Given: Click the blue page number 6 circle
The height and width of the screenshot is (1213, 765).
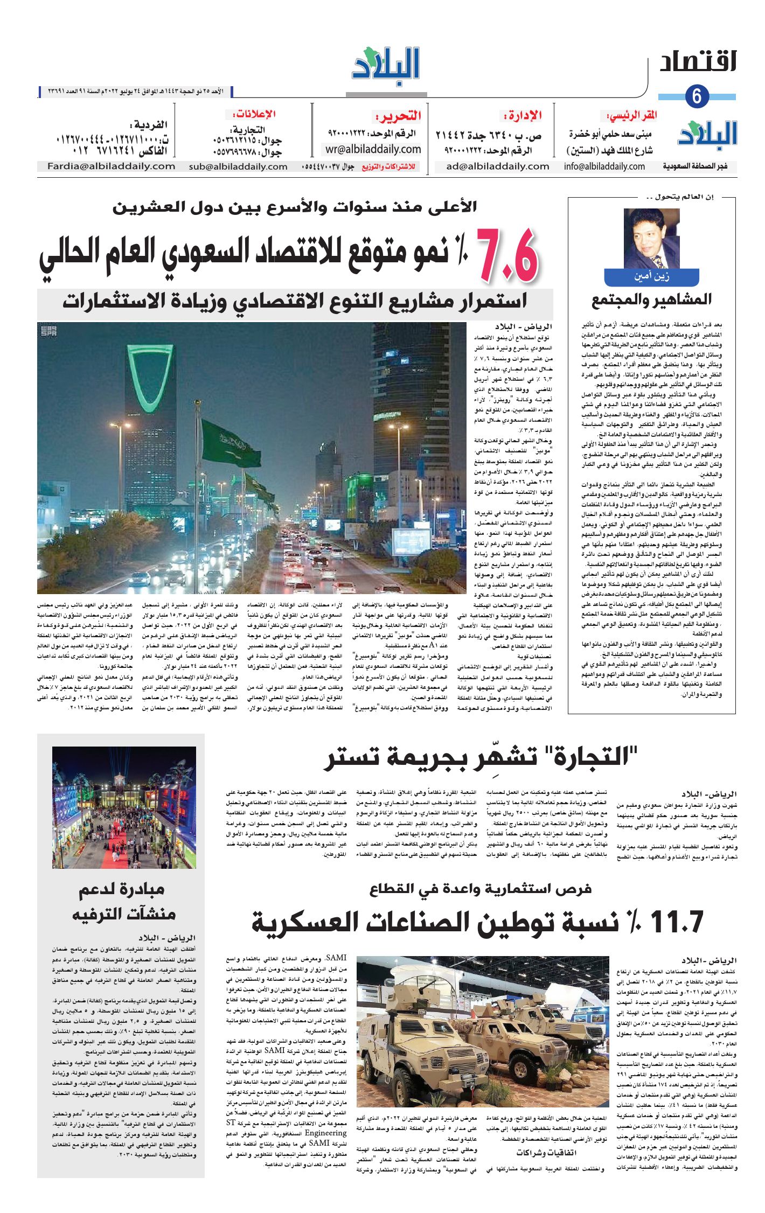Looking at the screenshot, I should pyautogui.click(x=697, y=96).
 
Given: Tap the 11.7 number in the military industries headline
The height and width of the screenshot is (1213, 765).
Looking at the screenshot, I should pyautogui.click(x=677, y=922).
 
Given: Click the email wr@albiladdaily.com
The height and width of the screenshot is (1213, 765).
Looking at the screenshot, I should pyautogui.click(x=373, y=149).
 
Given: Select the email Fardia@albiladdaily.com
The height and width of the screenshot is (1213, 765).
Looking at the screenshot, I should pyautogui.click(x=111, y=166).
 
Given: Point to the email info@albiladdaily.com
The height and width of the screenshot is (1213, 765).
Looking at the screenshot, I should pyautogui.click(x=604, y=166).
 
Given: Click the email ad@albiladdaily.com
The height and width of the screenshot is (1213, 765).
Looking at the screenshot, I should pyautogui.click(x=497, y=166).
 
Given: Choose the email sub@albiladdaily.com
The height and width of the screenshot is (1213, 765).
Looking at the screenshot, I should pyautogui.click(x=238, y=166).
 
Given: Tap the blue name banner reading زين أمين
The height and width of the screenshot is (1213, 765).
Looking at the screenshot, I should pyautogui.click(x=652, y=277).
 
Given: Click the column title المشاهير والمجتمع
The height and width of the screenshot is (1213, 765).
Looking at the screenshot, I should pyautogui.click(x=651, y=300).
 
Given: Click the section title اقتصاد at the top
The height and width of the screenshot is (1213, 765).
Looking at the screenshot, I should pyautogui.click(x=698, y=62).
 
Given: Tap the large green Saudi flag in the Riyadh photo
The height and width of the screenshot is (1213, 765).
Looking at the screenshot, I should pyautogui.click(x=230, y=444).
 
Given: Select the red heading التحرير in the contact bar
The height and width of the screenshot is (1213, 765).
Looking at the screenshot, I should pyautogui.click(x=398, y=116).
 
